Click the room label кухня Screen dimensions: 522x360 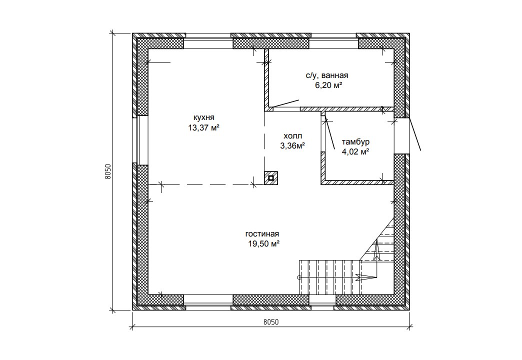[204, 117]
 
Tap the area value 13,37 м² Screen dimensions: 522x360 [203, 127]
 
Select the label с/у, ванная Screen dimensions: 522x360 [327, 75]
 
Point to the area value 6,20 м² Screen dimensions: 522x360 [328, 85]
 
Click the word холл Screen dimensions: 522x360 [293, 136]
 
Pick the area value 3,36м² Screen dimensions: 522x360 [293, 145]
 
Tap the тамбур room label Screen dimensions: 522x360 [355, 142]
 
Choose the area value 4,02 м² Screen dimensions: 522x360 [355, 152]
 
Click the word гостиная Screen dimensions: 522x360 [262, 234]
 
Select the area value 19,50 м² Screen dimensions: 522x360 [263, 244]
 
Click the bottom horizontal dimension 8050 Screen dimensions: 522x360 [270, 322]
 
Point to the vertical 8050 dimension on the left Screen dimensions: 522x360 [107, 172]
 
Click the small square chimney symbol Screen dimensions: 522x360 [271, 178]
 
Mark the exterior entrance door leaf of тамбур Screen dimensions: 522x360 [415, 134]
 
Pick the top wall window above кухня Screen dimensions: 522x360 [208, 41]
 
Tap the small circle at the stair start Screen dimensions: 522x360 [299, 277]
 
